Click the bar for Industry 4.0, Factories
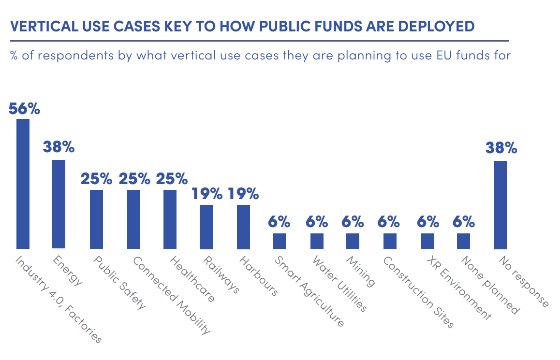pyautogui.click(x=23, y=184)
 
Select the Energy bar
pyautogui.click(x=59, y=204)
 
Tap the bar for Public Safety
pyautogui.click(x=96, y=219)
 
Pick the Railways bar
pyautogui.click(x=206, y=227)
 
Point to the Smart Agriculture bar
pyautogui.click(x=279, y=241)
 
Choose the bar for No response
pyautogui.click(x=500, y=205)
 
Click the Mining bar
pyautogui.click(x=353, y=241)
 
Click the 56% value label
pyautogui.click(x=24, y=109)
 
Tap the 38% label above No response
pyautogui.click(x=501, y=148)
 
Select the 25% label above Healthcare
pyautogui.click(x=171, y=179)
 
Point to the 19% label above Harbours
pyautogui.click(x=243, y=194)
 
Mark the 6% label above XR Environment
pyautogui.click(x=428, y=222)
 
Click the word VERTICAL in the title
pyautogui.click(x=41, y=26)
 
